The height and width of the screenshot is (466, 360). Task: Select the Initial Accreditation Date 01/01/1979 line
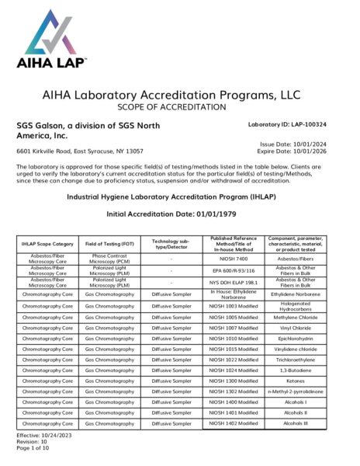point(179,213)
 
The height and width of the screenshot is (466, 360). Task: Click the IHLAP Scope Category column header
point(48,245)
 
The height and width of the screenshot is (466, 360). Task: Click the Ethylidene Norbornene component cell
point(296,295)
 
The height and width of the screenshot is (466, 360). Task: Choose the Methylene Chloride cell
point(296,317)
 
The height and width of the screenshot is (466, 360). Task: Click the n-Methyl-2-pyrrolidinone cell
point(296,391)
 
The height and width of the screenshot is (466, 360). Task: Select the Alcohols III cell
point(296,423)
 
